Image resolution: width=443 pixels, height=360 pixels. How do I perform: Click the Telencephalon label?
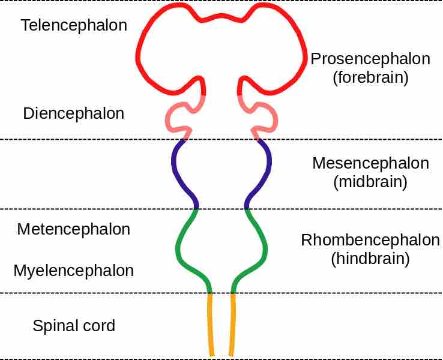pyautogui.click(x=74, y=25)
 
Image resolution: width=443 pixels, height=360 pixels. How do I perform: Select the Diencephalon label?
pyautogui.click(x=74, y=113)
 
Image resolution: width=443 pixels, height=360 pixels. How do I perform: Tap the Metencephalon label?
pyautogui.click(x=74, y=229)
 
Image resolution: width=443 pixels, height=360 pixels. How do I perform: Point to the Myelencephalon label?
pyautogui.click(x=74, y=271)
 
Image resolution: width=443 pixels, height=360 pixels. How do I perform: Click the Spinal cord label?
pyautogui.click(x=74, y=326)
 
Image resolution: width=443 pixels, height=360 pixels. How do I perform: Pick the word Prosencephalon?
pyautogui.click(x=370, y=59)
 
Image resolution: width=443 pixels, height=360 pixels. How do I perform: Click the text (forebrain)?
pyautogui.click(x=370, y=77)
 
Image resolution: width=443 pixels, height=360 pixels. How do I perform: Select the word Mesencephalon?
pyautogui.click(x=370, y=164)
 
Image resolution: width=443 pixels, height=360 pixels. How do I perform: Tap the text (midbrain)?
pyautogui.click(x=370, y=182)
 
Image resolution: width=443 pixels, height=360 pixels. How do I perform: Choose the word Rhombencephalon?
pyautogui.click(x=370, y=241)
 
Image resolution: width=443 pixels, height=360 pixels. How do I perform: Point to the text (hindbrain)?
pyautogui.click(x=370, y=259)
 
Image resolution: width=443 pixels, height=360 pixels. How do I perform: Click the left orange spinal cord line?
pyautogui.click(x=211, y=324)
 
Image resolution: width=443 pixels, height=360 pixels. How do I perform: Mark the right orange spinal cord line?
pyautogui.click(x=232, y=324)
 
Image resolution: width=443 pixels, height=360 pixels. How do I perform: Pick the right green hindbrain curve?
pyautogui.click(x=265, y=246)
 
